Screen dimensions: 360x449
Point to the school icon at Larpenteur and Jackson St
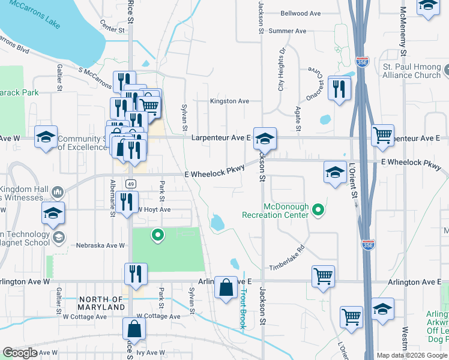[264, 138]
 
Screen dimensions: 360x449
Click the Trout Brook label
[244, 308]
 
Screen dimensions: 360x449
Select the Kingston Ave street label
[229, 101]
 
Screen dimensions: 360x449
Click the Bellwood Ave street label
[301, 13]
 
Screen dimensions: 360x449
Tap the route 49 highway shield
[130, 183]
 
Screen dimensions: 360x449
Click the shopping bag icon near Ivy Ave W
[134, 328]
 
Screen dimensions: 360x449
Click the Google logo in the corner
[20, 353]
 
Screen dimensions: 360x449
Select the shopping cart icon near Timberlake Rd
[323, 276]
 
